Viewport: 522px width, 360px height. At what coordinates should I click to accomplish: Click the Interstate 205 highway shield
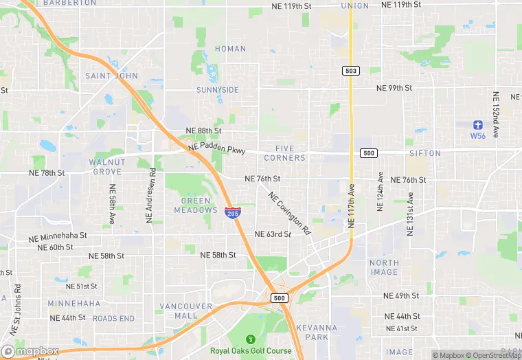(233, 212)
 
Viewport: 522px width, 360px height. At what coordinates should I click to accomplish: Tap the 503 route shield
(350, 71)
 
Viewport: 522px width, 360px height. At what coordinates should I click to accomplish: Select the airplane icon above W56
(478, 124)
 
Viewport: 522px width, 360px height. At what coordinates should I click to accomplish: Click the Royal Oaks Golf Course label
(251, 350)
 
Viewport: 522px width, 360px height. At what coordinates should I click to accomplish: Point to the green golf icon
(251, 339)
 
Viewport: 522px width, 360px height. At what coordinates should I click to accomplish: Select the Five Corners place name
(284, 153)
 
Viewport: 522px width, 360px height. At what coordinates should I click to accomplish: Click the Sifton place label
(424, 153)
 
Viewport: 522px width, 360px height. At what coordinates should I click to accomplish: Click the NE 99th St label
(394, 88)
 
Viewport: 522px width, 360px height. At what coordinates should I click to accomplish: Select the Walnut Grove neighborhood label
(106, 166)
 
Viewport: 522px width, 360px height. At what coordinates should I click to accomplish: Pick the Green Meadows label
(200, 205)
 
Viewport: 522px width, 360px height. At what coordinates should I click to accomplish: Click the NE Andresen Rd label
(148, 196)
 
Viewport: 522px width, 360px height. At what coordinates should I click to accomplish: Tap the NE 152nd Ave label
(495, 113)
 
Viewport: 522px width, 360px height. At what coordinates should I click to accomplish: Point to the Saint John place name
(111, 76)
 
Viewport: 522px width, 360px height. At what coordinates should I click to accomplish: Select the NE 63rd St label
(273, 234)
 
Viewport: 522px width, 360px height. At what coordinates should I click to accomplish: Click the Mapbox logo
(30, 351)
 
